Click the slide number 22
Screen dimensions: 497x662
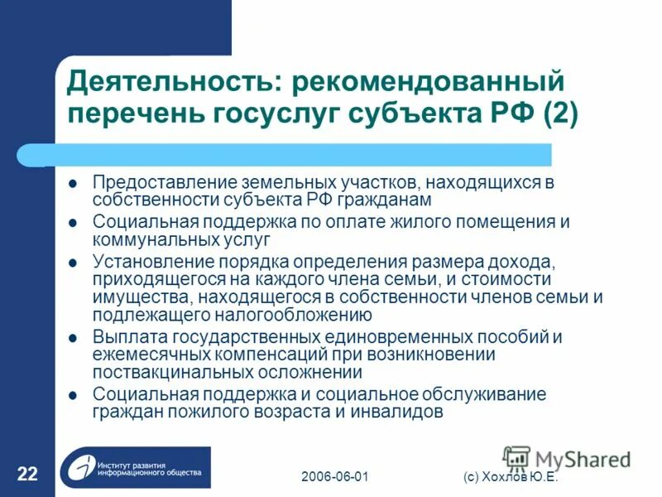[27, 474]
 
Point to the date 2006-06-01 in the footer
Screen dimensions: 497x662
[334, 478]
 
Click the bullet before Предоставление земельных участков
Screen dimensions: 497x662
[73, 182]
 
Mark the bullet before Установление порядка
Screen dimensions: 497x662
[73, 263]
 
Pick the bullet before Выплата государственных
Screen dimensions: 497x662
[73, 338]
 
